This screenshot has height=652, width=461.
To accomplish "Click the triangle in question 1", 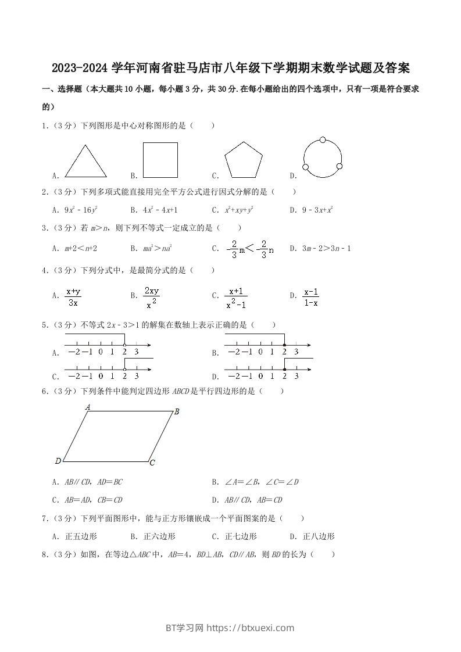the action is coord(85,162).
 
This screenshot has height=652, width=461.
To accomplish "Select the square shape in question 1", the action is coord(160,160).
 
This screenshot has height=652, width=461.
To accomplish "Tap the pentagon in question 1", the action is coord(244,160).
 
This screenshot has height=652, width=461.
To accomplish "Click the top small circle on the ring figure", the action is coord(323,140).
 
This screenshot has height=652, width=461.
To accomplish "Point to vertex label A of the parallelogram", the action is coord(88,407).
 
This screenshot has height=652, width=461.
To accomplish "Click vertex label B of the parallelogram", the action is coord(176,412).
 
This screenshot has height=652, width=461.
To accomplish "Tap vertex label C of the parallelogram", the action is coord(152,463).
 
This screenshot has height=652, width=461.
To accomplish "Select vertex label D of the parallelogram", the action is coord(58,461).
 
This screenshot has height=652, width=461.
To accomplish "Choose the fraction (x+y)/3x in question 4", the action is coord(73,297).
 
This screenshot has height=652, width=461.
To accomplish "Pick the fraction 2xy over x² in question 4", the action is coord(152,297).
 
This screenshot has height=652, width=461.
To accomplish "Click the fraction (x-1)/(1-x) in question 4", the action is coord(311,297).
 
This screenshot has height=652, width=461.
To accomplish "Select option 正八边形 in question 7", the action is coord(319,536).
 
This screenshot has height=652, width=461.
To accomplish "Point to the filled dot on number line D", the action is coord(284,369).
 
